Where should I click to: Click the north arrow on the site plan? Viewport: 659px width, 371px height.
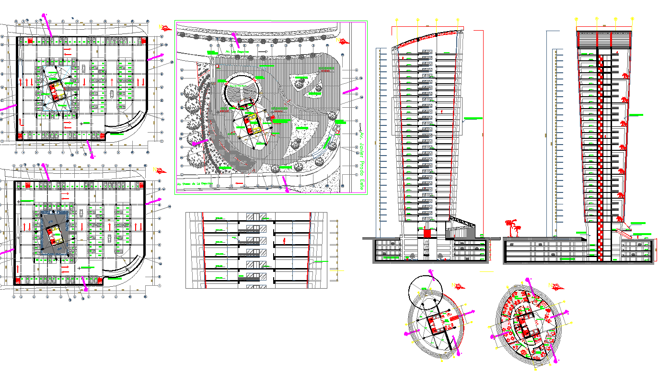pyautogui.click(x=343, y=42)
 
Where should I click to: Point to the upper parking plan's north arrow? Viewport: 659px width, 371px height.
pyautogui.click(x=166, y=29)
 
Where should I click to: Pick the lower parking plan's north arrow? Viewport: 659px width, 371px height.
pyautogui.click(x=160, y=170)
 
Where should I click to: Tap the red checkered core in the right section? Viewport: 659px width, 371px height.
pyautogui.click(x=600, y=158)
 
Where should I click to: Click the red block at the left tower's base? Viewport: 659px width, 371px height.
pyautogui.click(x=427, y=233)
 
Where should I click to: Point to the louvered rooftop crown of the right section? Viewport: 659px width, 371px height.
pyautogui.click(x=604, y=39)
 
